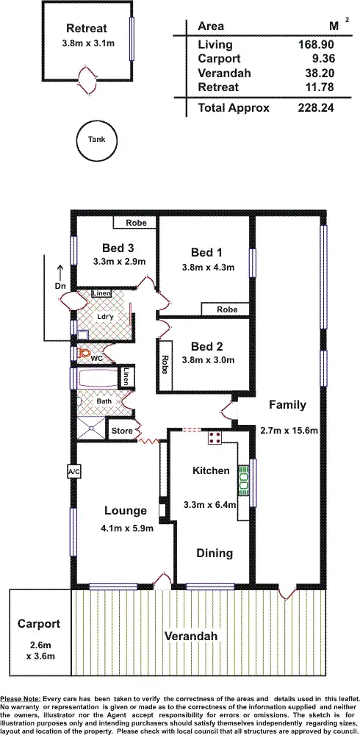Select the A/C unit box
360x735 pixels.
tap(73, 471)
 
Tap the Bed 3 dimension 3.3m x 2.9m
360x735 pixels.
tap(119, 262)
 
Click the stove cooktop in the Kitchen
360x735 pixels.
tap(215, 438)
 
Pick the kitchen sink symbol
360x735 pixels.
tap(243, 482)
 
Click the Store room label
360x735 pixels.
tap(121, 430)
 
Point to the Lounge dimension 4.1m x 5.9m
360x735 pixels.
tap(125, 526)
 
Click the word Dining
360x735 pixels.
tap(214, 553)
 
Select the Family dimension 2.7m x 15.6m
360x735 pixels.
tap(289, 430)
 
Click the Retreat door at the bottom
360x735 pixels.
tap(87, 79)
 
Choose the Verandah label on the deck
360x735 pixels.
tap(191, 636)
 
